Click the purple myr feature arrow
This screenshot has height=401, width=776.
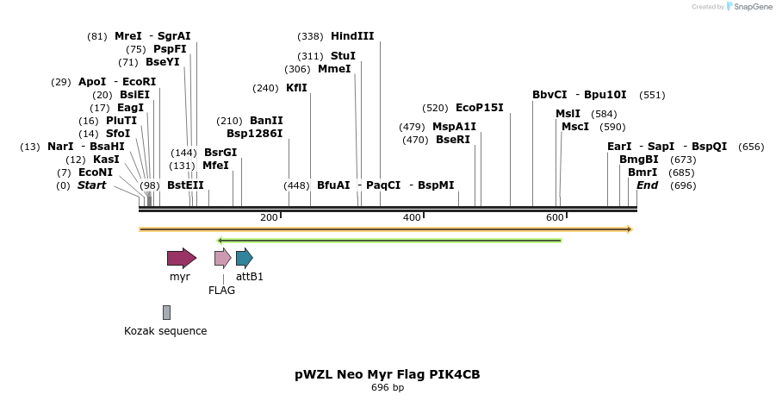pos(181,257)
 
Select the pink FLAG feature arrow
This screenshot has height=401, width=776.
pos(222,257)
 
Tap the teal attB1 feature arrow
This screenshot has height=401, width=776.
pos(244,257)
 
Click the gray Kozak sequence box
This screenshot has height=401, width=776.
pos(166,312)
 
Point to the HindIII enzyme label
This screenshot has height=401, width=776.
pos(352,36)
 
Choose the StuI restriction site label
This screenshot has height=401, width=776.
pos(343,56)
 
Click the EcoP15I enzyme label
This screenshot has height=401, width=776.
pos(479,108)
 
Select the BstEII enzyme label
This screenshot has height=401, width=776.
pos(185,185)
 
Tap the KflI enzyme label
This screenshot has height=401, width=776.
pos(296,88)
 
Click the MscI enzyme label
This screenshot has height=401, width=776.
pos(574,127)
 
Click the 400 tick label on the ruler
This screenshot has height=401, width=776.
pos(412,217)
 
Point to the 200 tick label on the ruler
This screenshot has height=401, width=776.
pos(269,217)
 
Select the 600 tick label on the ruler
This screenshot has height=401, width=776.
pos(555,217)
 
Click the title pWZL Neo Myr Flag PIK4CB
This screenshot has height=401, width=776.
pos(387,374)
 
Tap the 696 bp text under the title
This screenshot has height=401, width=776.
pos(387,388)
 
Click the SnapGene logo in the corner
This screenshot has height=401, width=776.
pos(747,7)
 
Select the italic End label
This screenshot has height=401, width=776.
pos(647,185)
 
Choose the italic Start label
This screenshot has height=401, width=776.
pos(91,185)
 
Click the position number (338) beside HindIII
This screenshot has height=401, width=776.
pos(310,36)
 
